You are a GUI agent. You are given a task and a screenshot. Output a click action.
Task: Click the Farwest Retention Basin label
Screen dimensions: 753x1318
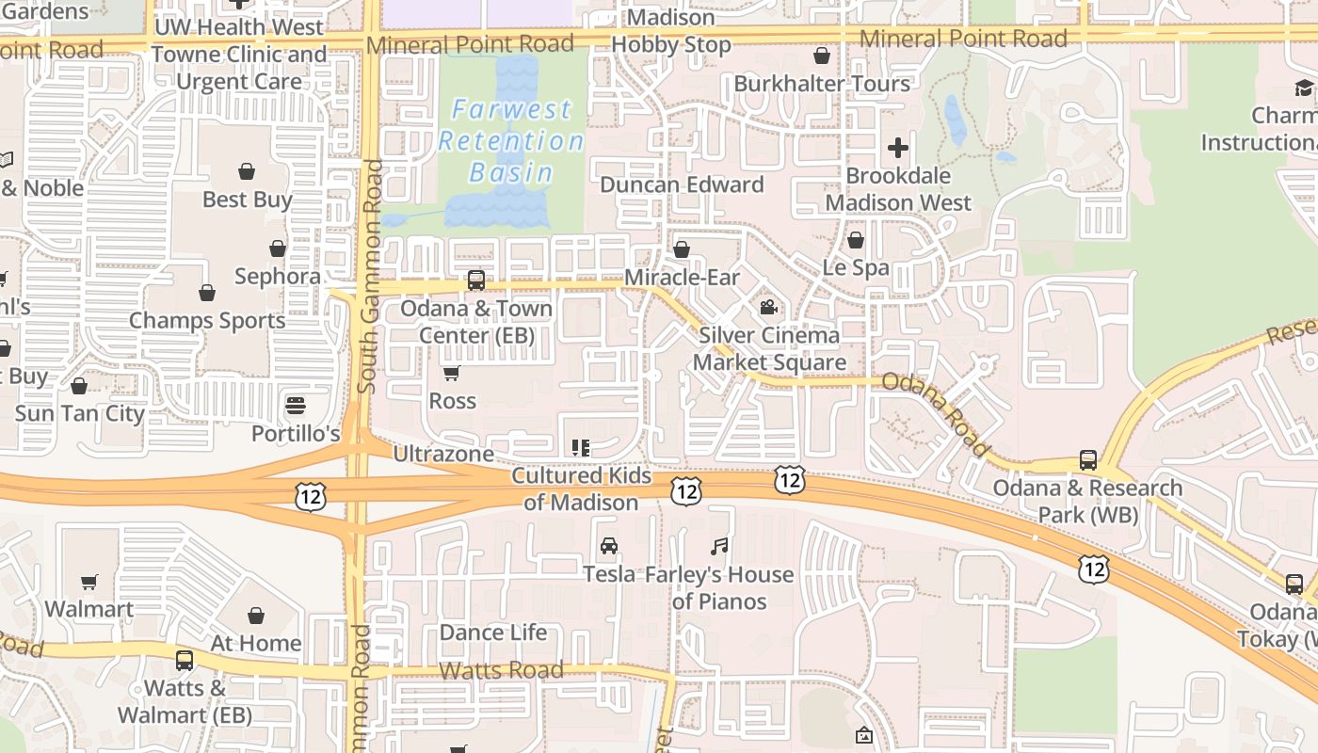[511, 141]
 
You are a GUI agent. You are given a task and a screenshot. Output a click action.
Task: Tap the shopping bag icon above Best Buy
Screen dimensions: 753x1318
[247, 171]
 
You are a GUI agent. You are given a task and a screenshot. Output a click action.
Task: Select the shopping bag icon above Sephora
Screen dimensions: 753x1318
[278, 248]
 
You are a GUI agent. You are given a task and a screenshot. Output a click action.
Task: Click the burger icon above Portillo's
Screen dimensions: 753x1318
[296, 406]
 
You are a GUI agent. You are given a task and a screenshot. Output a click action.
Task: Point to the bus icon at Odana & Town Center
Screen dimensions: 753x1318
[476, 280]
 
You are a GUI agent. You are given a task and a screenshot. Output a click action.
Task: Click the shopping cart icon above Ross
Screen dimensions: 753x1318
[452, 373]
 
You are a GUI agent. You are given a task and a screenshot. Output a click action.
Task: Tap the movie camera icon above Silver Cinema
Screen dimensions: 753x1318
[769, 307]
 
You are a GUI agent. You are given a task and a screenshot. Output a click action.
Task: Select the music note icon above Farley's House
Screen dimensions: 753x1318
[720, 546]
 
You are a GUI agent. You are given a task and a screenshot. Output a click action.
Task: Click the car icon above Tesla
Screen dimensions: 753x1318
[609, 546]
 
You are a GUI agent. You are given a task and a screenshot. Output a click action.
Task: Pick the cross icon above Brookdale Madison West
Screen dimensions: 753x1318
[898, 148]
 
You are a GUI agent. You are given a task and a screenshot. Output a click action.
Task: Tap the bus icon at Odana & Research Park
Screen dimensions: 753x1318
[1088, 460]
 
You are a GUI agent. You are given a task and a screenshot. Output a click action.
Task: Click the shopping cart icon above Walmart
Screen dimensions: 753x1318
[89, 582]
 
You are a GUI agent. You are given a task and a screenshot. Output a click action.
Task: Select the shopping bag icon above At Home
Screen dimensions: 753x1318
[256, 616]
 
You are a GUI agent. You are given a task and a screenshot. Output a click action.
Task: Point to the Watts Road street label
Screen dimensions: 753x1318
[502, 670]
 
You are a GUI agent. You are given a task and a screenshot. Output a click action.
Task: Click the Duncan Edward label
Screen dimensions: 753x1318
[682, 184]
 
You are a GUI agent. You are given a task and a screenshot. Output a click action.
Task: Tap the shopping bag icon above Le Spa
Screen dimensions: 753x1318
[856, 240]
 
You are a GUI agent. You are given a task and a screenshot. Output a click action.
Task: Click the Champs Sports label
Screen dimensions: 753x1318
[207, 320]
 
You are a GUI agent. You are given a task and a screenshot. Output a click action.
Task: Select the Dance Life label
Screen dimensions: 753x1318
[493, 633]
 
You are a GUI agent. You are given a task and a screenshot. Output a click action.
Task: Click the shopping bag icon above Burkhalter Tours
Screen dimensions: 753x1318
[822, 56]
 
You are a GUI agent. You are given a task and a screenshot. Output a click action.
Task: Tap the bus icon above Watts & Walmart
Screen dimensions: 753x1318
[185, 661]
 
